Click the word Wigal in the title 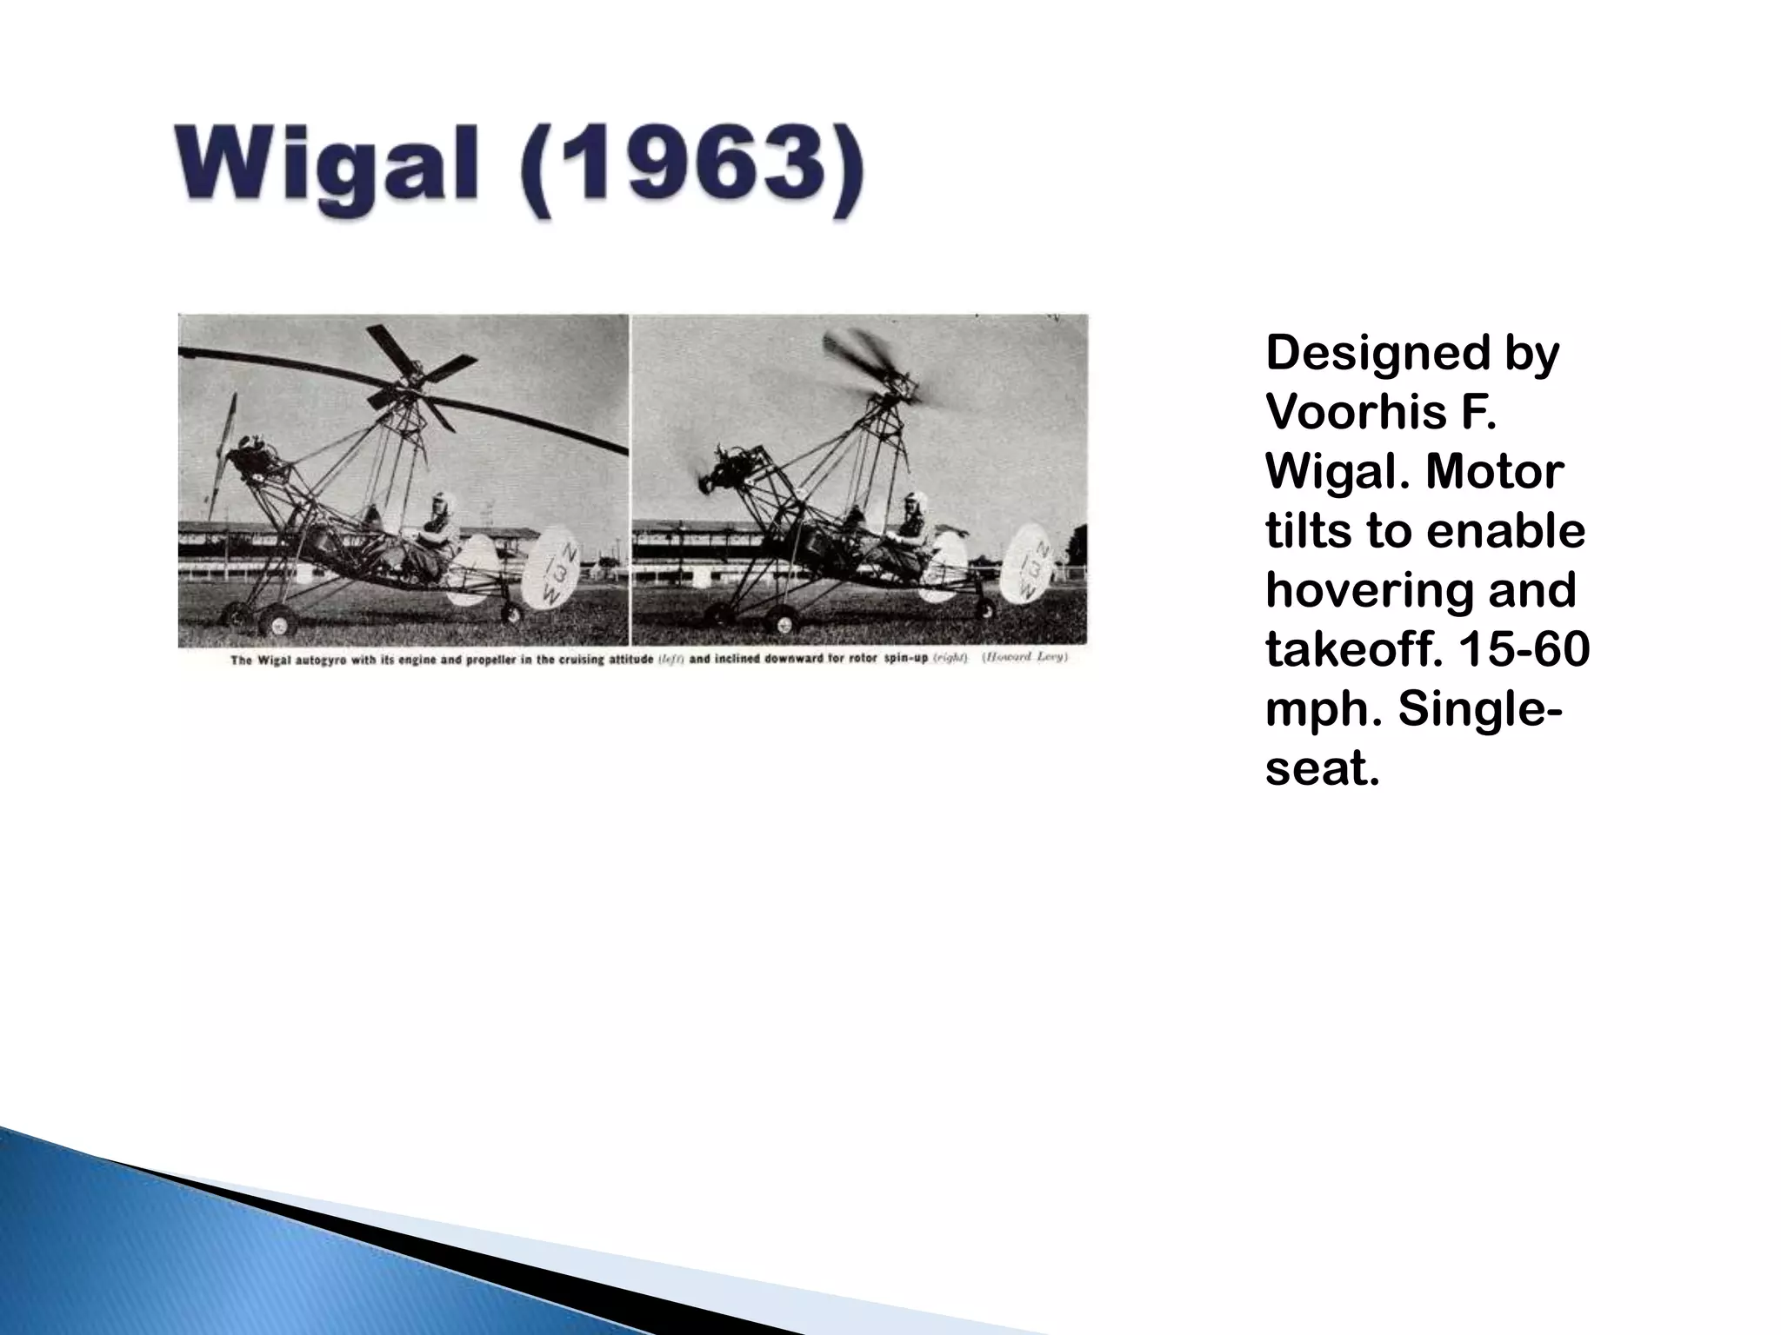coord(326,165)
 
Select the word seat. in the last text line coord(1322,768)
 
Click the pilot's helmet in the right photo coord(915,502)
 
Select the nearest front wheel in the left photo coord(278,621)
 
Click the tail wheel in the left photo coord(511,614)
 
